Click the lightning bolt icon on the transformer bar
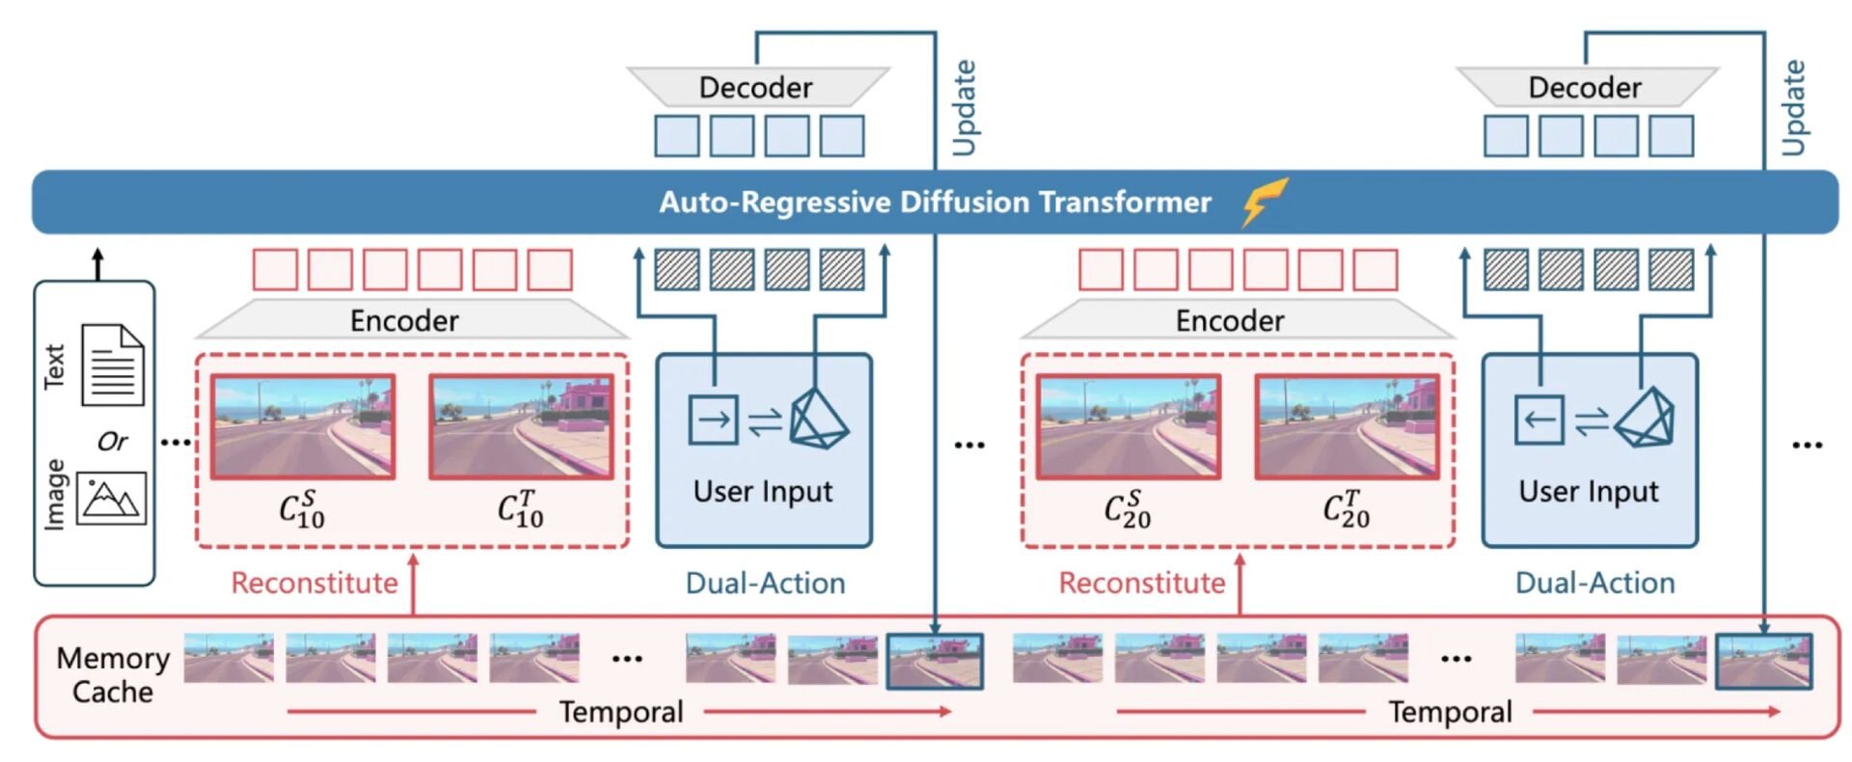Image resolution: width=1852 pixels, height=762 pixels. (x=1265, y=201)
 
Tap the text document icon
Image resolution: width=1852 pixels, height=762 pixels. (x=113, y=365)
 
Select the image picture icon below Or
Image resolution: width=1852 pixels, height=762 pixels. (x=111, y=498)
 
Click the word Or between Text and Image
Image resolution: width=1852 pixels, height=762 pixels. (x=112, y=442)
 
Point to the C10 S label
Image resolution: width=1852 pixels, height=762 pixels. (x=301, y=508)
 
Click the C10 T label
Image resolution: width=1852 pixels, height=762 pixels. (x=520, y=508)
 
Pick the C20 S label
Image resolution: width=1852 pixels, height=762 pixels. (x=1127, y=508)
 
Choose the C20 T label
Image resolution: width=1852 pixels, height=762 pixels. (x=1346, y=508)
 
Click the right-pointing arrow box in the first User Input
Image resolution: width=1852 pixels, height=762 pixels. (x=713, y=420)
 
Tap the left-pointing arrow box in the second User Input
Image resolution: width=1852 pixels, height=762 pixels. (x=1539, y=420)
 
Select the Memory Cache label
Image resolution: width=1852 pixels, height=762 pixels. (x=113, y=675)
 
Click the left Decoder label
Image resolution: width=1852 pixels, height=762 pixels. (x=755, y=88)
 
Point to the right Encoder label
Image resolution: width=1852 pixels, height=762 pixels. (x=1230, y=320)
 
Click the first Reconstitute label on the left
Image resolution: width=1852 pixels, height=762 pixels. (x=314, y=583)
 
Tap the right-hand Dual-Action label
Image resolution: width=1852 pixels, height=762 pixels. (x=1594, y=583)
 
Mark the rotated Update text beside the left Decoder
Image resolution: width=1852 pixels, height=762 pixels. (x=964, y=107)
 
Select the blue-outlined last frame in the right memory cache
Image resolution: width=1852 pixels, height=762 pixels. (x=1763, y=661)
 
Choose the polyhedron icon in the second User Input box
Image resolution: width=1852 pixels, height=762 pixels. (x=1645, y=419)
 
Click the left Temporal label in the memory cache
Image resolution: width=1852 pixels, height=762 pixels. (x=621, y=712)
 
